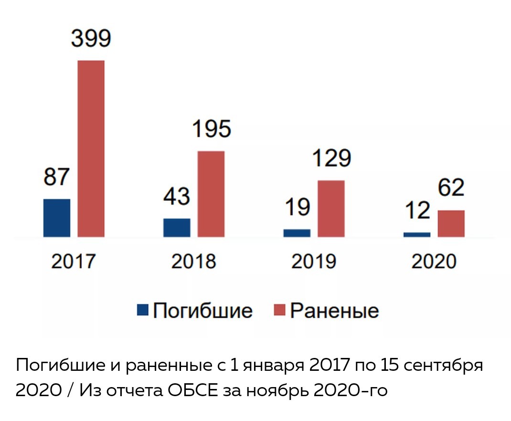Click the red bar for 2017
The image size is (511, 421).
point(91,149)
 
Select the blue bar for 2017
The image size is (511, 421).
point(57,218)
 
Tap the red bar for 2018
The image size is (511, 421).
point(211,194)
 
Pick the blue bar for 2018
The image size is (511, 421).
point(177,227)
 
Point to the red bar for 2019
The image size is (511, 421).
point(330,208)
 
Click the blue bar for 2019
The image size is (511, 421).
point(297,233)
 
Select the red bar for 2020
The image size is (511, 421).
point(451,223)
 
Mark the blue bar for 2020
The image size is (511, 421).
point(416,234)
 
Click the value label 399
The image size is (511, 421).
point(91,39)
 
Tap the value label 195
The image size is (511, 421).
point(211,129)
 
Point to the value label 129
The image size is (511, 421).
point(330,158)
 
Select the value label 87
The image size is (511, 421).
point(56,177)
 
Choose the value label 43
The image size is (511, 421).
point(177,196)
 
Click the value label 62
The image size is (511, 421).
point(450,188)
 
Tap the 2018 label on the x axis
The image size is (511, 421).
point(194,262)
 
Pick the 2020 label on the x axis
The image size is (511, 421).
point(434,262)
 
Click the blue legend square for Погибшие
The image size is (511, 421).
point(143,310)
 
